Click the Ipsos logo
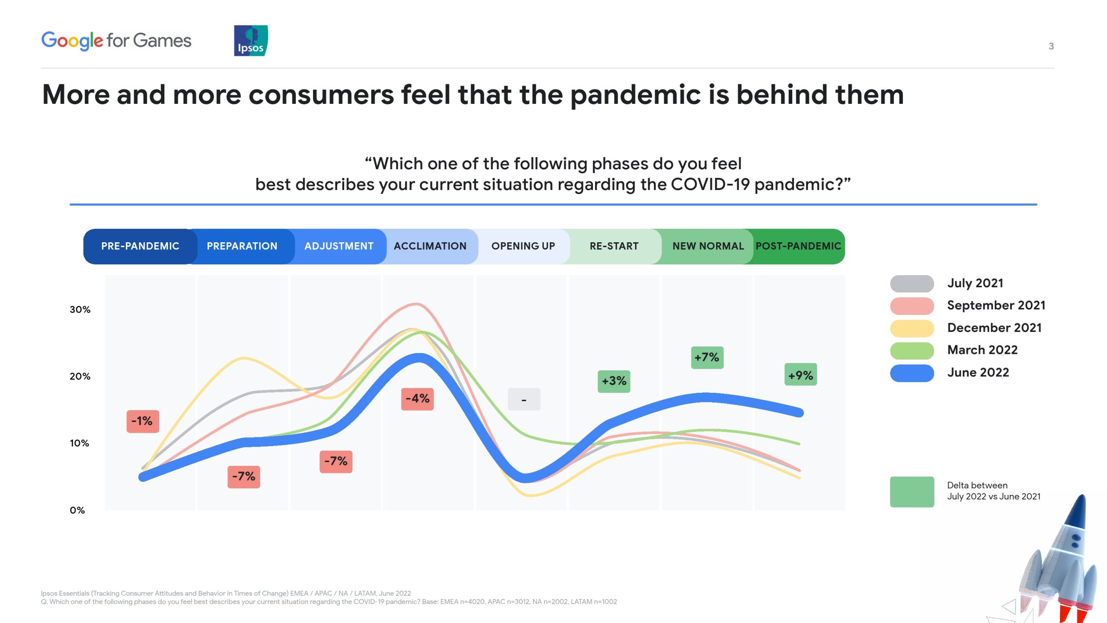point(251,41)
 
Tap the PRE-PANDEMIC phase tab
point(140,246)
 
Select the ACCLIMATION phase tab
point(430,246)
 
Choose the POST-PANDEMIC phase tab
point(798,246)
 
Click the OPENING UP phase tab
point(523,246)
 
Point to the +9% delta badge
point(801,375)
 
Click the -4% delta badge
point(417,399)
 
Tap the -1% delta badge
point(143,421)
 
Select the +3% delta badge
point(614,382)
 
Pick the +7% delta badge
point(707,358)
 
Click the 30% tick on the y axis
point(80,310)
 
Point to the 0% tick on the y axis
point(77,511)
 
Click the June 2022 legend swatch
point(912,373)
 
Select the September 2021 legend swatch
point(912,306)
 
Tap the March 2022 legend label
point(982,350)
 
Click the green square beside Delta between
point(912,492)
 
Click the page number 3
point(1051,46)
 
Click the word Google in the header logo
point(72,41)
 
